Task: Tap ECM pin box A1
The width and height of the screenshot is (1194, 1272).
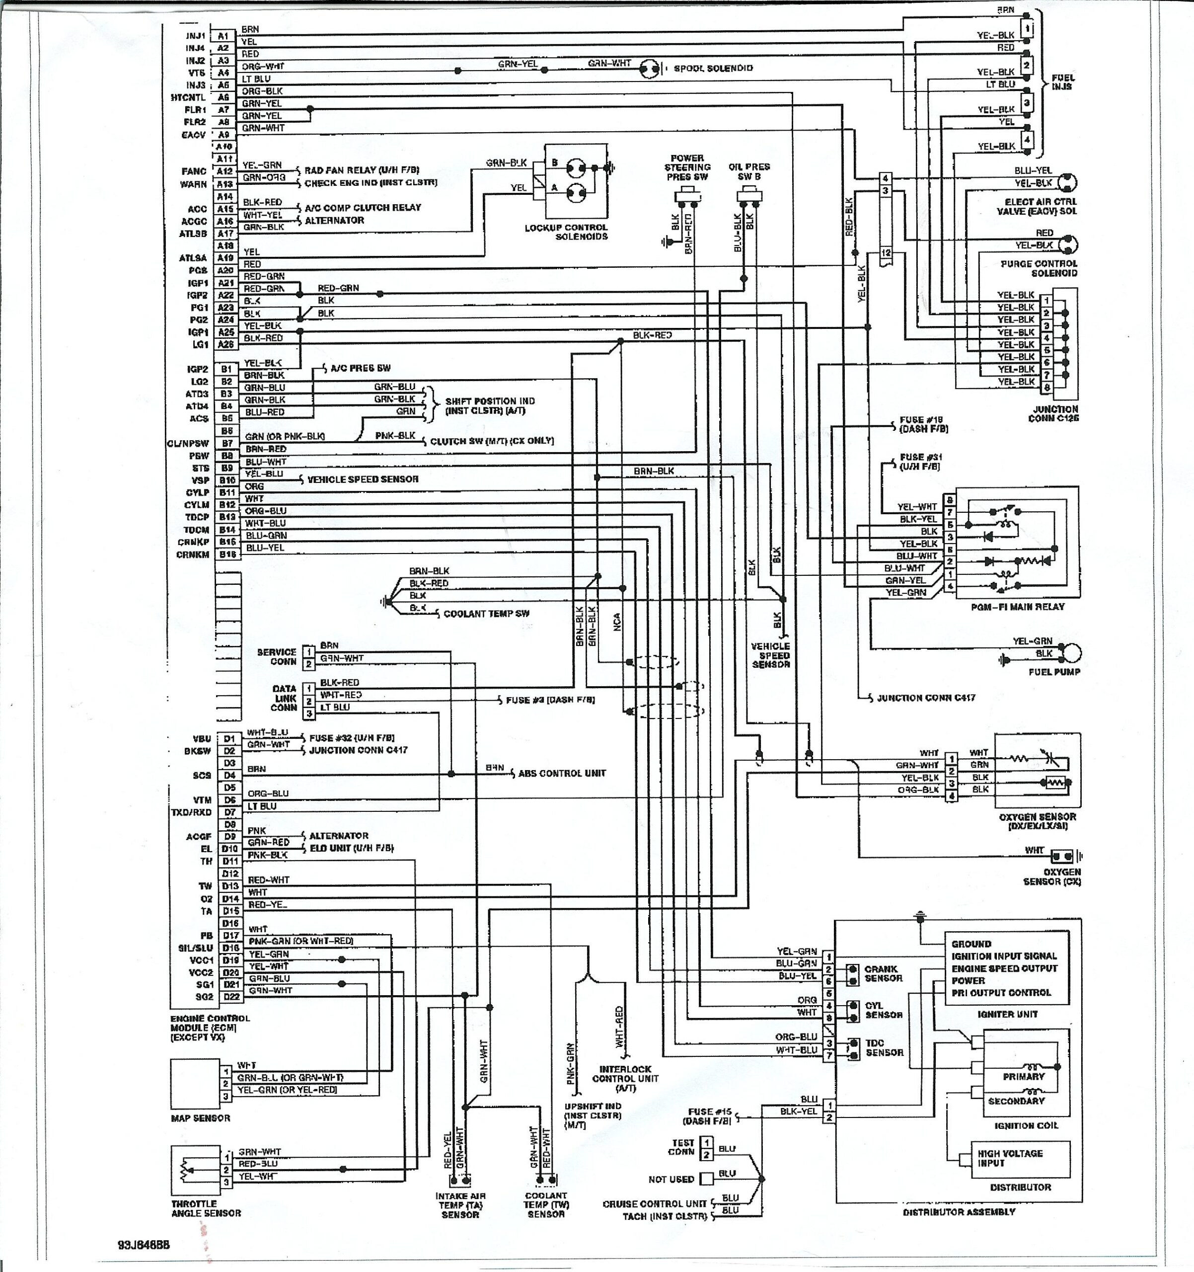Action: click(223, 36)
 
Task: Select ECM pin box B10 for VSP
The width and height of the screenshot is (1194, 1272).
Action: click(227, 480)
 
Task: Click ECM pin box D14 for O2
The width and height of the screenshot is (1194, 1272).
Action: click(230, 899)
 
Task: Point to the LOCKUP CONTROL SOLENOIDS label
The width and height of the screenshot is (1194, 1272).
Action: click(566, 232)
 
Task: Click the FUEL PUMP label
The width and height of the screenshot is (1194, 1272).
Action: click(1054, 672)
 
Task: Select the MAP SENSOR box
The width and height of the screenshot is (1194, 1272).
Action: click(195, 1083)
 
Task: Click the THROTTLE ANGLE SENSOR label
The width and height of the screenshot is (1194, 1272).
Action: click(206, 1208)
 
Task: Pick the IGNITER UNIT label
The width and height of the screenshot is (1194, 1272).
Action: click(1007, 1014)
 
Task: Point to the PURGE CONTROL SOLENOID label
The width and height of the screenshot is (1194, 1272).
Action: click(1039, 268)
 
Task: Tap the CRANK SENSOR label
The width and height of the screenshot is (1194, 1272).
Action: click(883, 973)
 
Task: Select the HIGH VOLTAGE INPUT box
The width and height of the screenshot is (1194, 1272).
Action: click(1020, 1158)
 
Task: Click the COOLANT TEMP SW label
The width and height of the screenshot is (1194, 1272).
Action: click(486, 614)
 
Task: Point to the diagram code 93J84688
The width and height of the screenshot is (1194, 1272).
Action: click(144, 1245)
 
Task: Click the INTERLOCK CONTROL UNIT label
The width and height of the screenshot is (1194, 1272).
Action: click(625, 1078)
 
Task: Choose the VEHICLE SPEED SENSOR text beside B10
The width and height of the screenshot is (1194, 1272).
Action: click(363, 479)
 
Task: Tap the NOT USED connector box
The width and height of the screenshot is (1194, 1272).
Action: click(706, 1179)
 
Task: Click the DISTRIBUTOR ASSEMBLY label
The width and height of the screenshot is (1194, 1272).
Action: click(959, 1212)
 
